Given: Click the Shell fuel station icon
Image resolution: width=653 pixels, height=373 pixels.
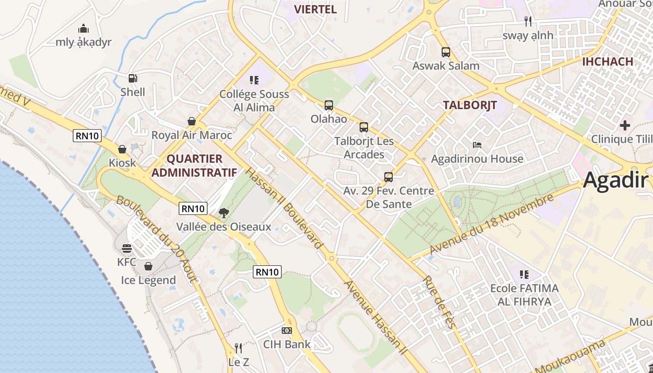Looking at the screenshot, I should coord(133,78).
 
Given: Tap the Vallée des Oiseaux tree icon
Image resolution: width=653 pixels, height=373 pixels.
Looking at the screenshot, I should coord(224,213).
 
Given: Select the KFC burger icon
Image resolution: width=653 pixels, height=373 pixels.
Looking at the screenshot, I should coord(127,248).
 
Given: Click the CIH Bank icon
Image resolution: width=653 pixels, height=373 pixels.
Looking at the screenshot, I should coord(287,331).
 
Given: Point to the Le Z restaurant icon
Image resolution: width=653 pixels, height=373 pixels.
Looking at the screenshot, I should coord(238,348).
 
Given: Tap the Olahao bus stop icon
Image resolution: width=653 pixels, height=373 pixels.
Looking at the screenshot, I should coord(329,105).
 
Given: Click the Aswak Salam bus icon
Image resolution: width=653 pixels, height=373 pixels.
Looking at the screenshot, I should coord(446,52).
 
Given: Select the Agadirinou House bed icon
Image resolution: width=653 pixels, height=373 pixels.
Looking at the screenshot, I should coord(477,145).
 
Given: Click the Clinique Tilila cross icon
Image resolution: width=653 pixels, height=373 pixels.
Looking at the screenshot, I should coord(625,125).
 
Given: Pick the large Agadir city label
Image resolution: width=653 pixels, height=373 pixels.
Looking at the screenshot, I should coord(616,180).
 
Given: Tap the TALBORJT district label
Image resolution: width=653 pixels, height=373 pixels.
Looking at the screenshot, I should coord(470,105).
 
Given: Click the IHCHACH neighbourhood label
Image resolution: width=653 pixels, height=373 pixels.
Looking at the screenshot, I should coord(607,62).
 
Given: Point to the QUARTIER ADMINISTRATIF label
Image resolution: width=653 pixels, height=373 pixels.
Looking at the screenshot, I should coord(194,166).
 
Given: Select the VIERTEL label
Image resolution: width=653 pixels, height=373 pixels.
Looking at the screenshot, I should coord(315,9).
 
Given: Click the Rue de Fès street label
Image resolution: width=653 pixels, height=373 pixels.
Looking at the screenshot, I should coord(438,302).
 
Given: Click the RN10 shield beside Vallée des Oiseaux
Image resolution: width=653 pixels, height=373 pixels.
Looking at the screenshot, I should coord(193,208).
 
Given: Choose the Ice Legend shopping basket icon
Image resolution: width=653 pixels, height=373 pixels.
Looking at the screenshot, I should coord(148,266).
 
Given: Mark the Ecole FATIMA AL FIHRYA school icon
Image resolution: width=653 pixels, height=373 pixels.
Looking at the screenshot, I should coord(524,275).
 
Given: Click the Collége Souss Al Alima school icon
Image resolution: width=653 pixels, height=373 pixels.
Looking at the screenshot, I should coord(254,80).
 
